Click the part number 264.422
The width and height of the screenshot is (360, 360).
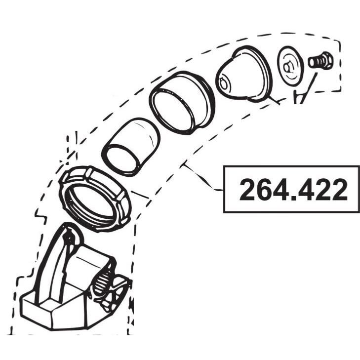293,190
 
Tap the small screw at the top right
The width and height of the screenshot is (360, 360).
320,60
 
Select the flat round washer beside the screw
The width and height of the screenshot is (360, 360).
290,66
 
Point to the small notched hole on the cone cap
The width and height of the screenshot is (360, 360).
224,83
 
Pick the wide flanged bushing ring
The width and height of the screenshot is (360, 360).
182,102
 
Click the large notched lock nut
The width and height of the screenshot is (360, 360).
95,199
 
